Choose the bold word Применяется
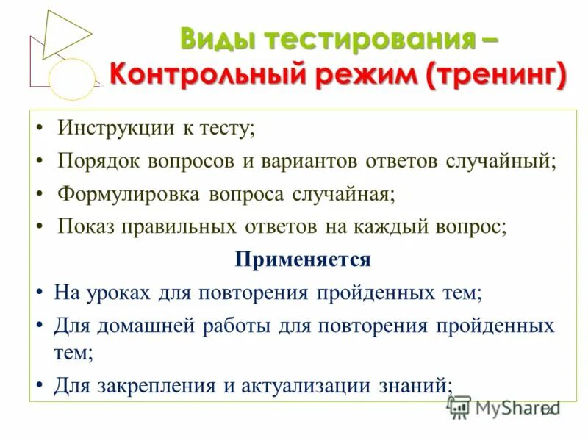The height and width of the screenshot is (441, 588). click(x=303, y=259)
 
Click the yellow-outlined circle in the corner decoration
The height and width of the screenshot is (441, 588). click(x=72, y=79)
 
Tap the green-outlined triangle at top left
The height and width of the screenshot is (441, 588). click(x=65, y=32)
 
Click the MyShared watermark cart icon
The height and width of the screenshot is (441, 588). click(x=459, y=407)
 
